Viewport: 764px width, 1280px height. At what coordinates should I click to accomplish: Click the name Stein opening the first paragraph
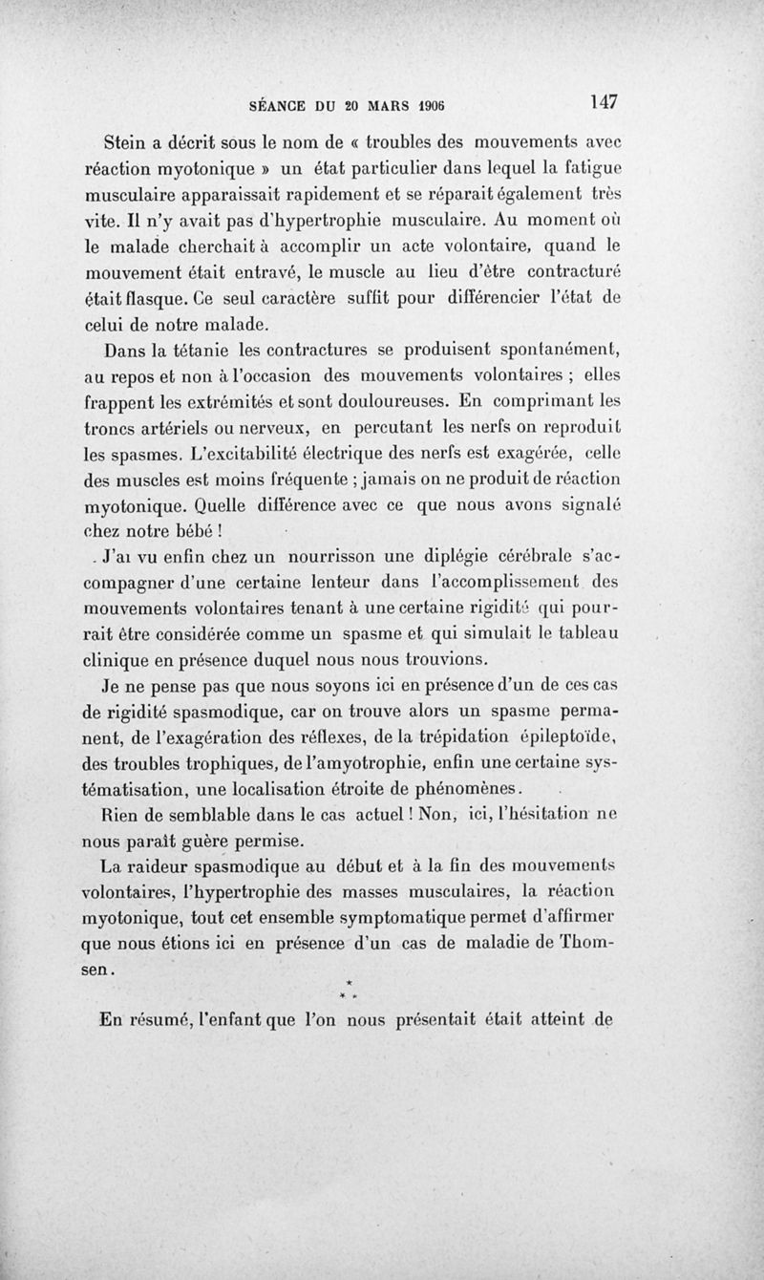[x=128, y=144]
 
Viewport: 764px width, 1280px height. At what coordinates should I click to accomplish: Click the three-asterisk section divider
[x=350, y=990]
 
